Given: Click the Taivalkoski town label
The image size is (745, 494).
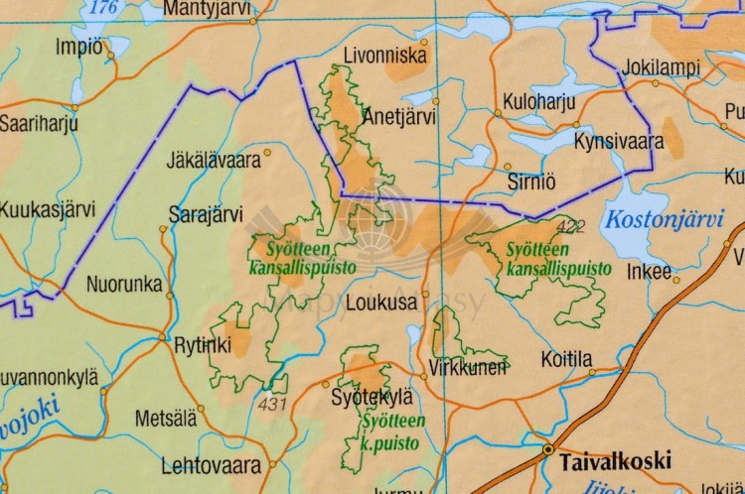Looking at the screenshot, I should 615,461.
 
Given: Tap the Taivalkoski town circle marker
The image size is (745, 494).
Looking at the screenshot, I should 547,450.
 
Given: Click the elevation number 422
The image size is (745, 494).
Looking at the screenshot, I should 572,227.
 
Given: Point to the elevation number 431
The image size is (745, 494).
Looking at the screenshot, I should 271,404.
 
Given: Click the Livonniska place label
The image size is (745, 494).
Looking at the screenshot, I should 384,56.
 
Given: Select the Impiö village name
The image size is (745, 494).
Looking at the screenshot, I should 78,46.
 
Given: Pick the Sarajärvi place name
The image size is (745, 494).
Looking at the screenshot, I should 206,213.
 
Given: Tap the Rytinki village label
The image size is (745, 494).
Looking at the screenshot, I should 202,345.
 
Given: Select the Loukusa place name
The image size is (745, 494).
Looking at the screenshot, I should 379,305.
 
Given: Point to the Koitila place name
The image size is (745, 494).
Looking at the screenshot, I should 567,358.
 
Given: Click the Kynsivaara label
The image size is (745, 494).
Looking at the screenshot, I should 619,142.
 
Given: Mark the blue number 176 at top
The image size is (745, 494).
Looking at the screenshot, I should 102,8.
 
